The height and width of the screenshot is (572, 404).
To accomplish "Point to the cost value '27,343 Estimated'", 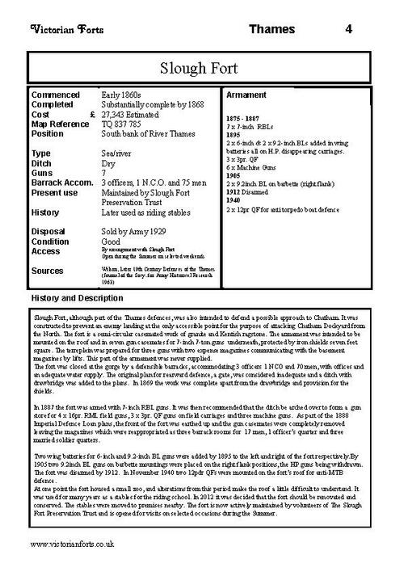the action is tap(134, 114).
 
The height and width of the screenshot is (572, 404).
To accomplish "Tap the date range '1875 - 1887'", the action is tap(245, 119).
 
